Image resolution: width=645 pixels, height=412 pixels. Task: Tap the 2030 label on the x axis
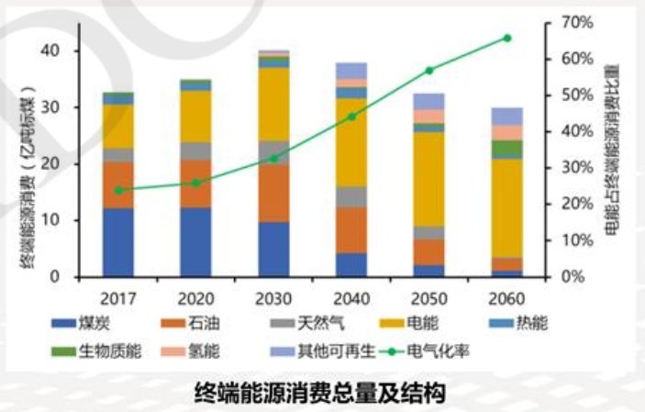point(273,300)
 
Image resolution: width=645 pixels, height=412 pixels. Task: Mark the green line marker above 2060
point(506,38)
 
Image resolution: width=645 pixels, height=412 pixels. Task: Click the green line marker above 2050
point(428,70)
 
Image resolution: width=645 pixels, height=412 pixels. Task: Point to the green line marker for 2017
point(118,190)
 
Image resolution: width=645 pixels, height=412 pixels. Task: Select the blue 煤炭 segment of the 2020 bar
point(195,241)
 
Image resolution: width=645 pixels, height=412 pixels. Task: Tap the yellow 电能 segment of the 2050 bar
point(428,179)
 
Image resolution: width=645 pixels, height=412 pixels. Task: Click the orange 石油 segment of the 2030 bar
point(273,193)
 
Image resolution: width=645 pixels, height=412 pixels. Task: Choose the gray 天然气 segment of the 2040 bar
point(351,196)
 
